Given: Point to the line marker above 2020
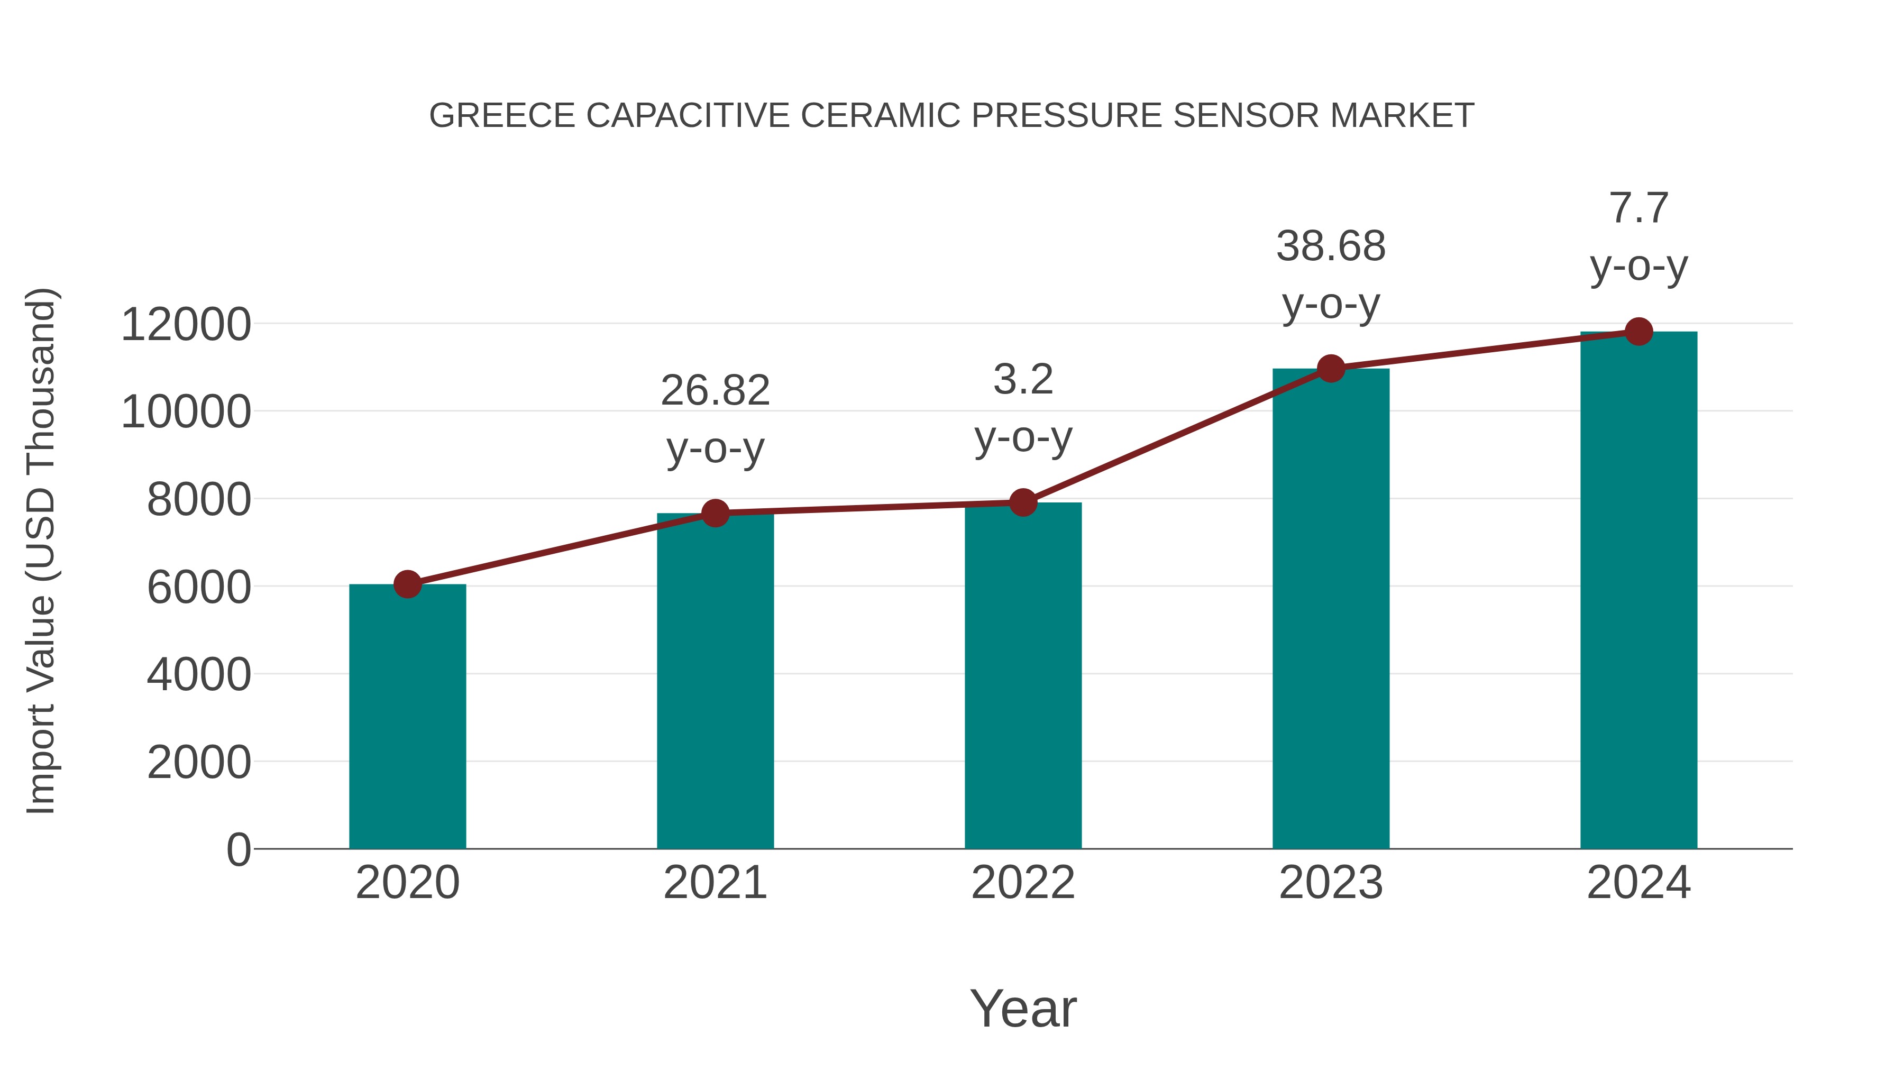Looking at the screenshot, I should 407,584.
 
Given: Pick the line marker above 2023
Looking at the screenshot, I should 1331,368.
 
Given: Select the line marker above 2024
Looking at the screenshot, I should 1638,332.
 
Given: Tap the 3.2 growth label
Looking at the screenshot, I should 1023,380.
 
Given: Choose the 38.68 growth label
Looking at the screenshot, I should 1331,246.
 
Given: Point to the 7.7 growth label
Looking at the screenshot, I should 1638,208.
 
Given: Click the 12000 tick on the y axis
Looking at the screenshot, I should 186,325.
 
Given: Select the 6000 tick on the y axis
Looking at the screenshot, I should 199,588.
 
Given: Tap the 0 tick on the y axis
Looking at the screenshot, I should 239,850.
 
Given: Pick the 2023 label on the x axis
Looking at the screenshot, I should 1331,883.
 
